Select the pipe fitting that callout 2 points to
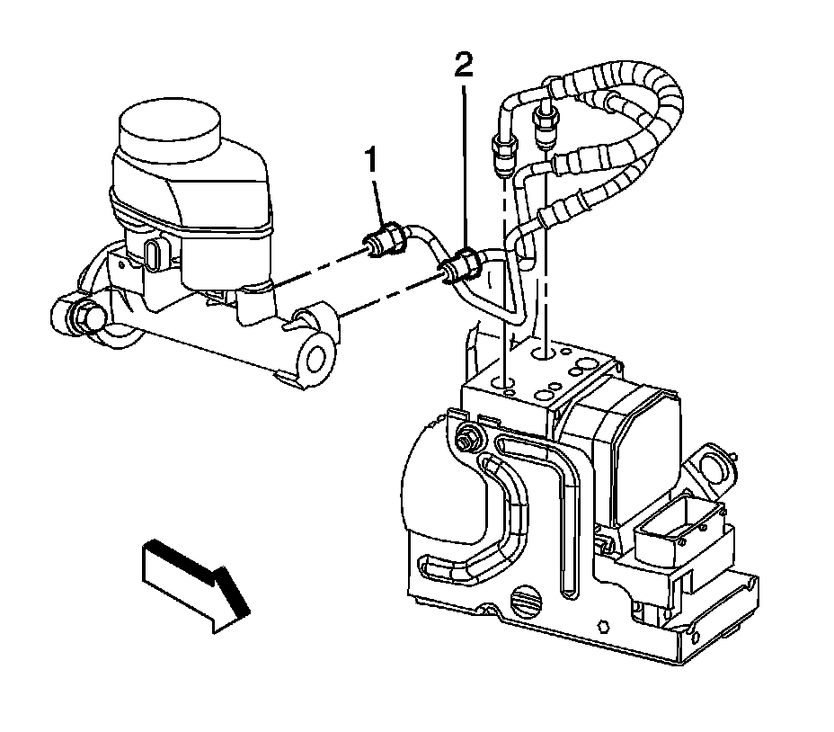[x=460, y=265]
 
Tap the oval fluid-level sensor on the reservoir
[x=155, y=254]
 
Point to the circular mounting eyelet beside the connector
[x=714, y=465]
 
